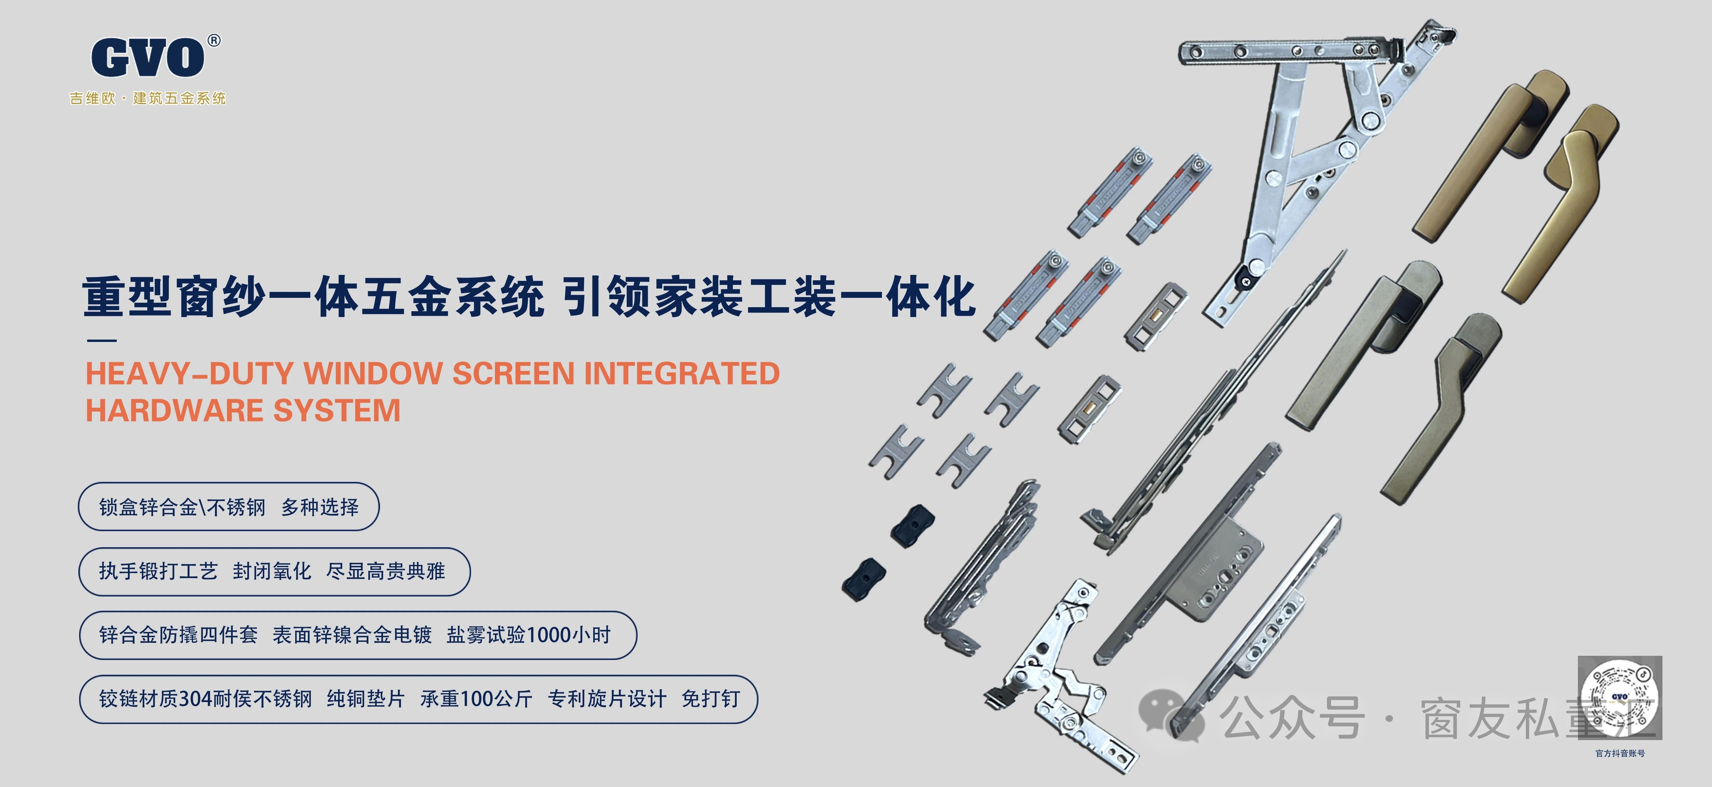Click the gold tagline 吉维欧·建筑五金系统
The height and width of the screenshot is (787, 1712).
click(148, 98)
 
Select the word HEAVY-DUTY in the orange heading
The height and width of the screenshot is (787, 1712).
click(189, 374)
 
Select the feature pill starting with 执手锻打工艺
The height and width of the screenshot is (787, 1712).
click(274, 571)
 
